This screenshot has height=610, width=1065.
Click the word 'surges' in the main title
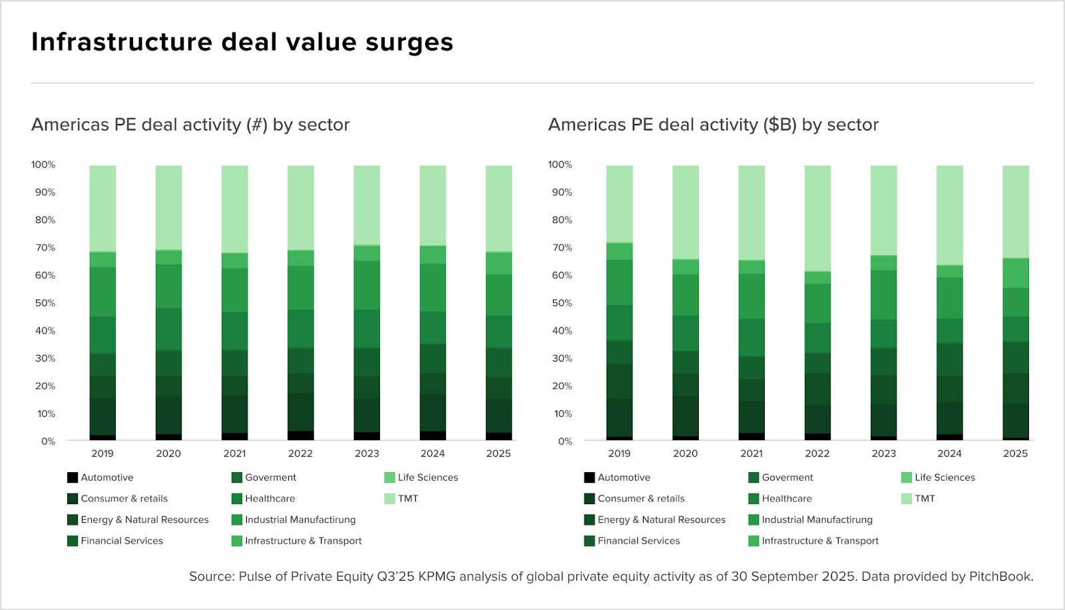click(409, 43)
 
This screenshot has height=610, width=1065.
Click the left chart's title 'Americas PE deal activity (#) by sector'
click(190, 125)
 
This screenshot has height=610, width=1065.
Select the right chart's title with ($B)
click(713, 125)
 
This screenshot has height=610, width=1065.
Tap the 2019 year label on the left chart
click(103, 454)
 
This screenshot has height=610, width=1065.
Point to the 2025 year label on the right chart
click(1015, 454)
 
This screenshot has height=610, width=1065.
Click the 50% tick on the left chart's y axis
click(45, 303)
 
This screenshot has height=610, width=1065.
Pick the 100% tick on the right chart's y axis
click(560, 164)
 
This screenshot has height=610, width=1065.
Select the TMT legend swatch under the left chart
click(389, 498)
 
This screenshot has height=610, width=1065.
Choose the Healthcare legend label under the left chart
click(270, 498)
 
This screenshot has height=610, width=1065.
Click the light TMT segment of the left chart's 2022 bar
click(301, 206)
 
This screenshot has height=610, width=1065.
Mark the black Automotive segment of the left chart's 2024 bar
click(433, 436)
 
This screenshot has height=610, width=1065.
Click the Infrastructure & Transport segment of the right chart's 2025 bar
click(1016, 274)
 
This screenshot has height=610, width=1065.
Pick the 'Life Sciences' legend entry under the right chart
click(945, 477)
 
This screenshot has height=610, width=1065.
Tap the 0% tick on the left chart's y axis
click(48, 442)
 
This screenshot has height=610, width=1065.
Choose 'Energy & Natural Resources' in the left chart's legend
click(144, 519)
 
